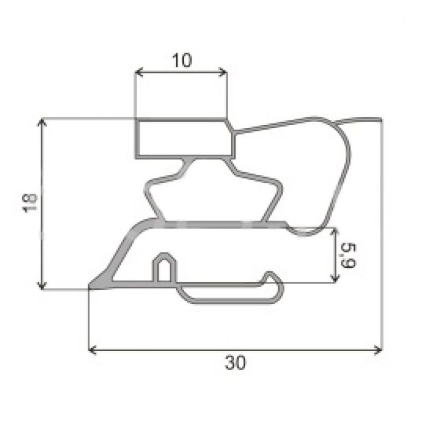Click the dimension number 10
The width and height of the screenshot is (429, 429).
(x=181, y=60)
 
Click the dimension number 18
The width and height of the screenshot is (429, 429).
(x=29, y=203)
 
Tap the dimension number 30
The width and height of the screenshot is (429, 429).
(x=235, y=363)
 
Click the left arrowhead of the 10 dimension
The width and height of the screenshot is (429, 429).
(x=138, y=73)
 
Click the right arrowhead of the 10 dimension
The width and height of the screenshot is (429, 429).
(x=224, y=73)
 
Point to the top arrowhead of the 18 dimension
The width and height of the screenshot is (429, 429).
(x=42, y=122)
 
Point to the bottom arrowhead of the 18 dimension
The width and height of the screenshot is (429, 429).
(x=42, y=286)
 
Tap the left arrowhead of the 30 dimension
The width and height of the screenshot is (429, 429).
(x=92, y=350)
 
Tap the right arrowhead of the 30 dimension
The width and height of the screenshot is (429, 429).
(x=378, y=350)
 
